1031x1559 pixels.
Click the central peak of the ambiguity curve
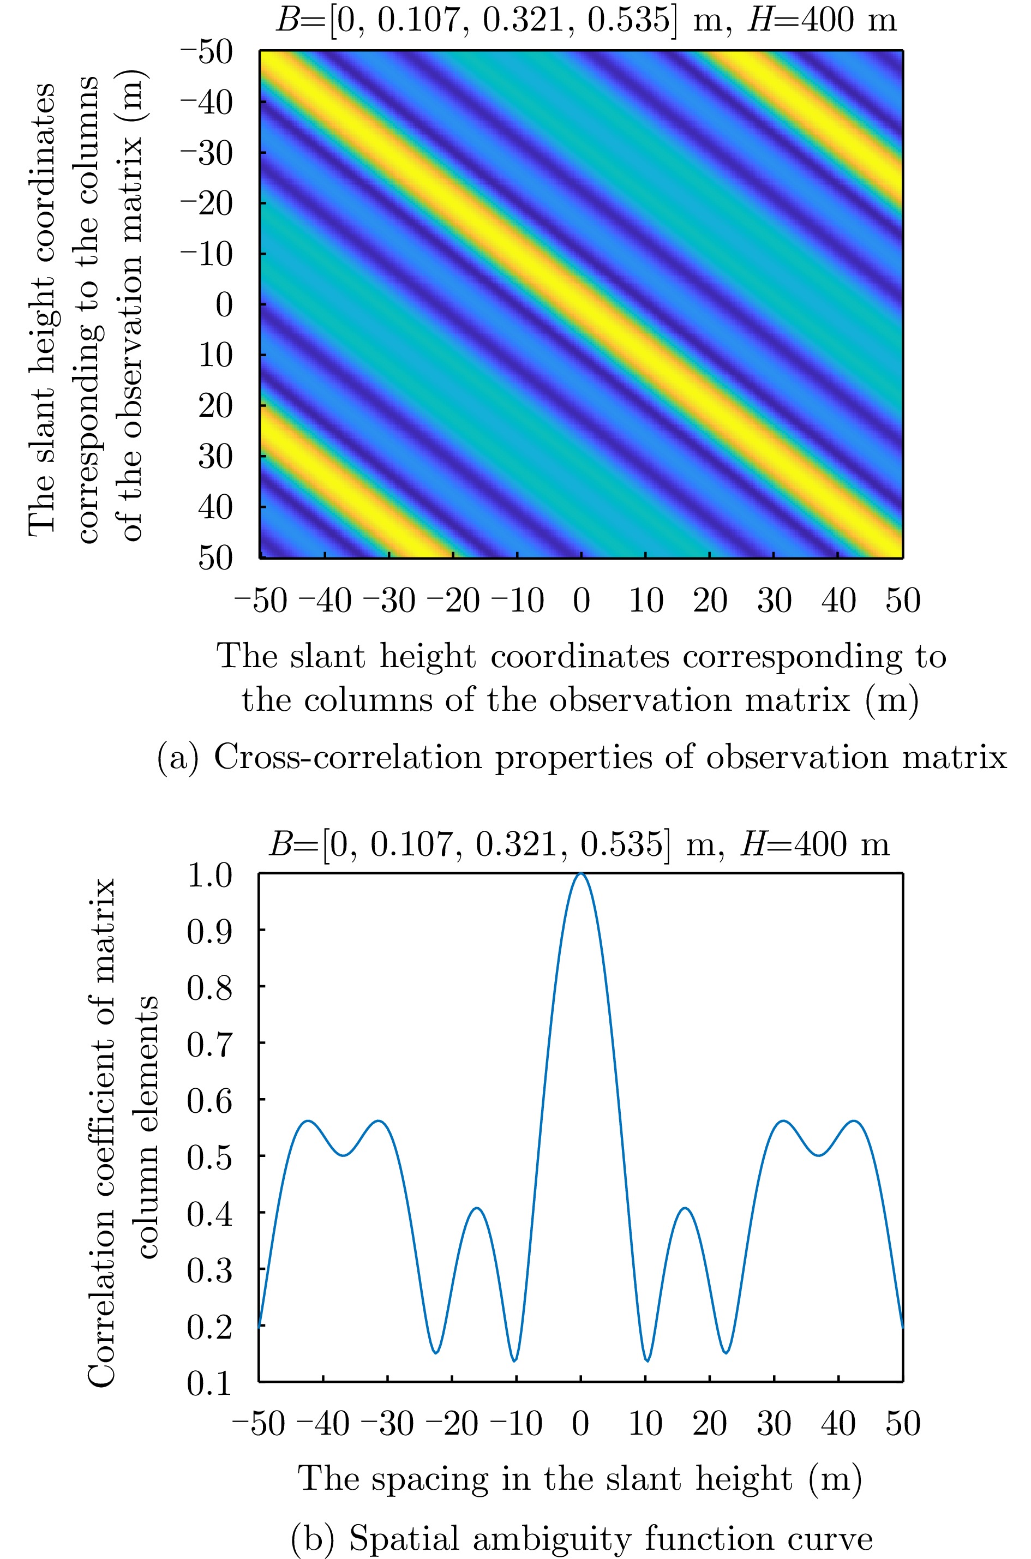click(x=580, y=874)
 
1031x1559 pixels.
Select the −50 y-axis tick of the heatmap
click(x=207, y=52)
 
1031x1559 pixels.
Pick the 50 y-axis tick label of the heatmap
click(x=215, y=557)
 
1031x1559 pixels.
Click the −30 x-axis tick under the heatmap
click(x=389, y=601)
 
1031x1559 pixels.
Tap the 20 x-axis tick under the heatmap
click(x=710, y=601)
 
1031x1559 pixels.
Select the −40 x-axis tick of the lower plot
click(x=323, y=1424)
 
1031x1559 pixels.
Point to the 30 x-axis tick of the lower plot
click(x=774, y=1424)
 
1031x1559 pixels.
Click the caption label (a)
click(x=177, y=758)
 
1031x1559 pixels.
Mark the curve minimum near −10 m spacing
click(x=515, y=1360)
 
